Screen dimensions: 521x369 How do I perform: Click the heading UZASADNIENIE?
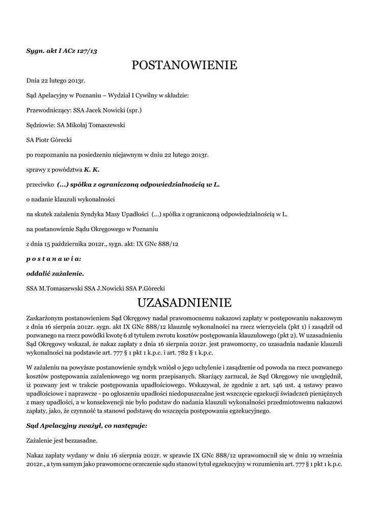[184, 303]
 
